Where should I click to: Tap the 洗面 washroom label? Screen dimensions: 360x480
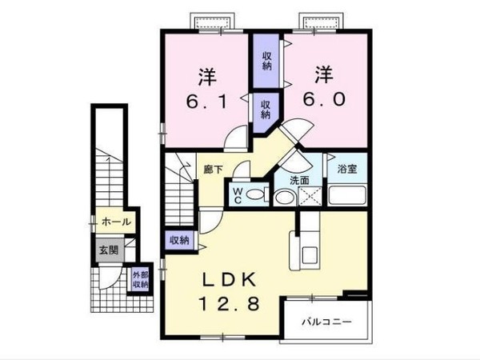(299, 179)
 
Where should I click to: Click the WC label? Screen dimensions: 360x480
(238, 196)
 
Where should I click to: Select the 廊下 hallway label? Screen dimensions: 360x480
(213, 170)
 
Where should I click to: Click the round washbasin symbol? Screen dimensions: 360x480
(283, 197)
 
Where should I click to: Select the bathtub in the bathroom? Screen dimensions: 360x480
(348, 194)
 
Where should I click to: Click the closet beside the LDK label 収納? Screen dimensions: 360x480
(179, 240)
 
